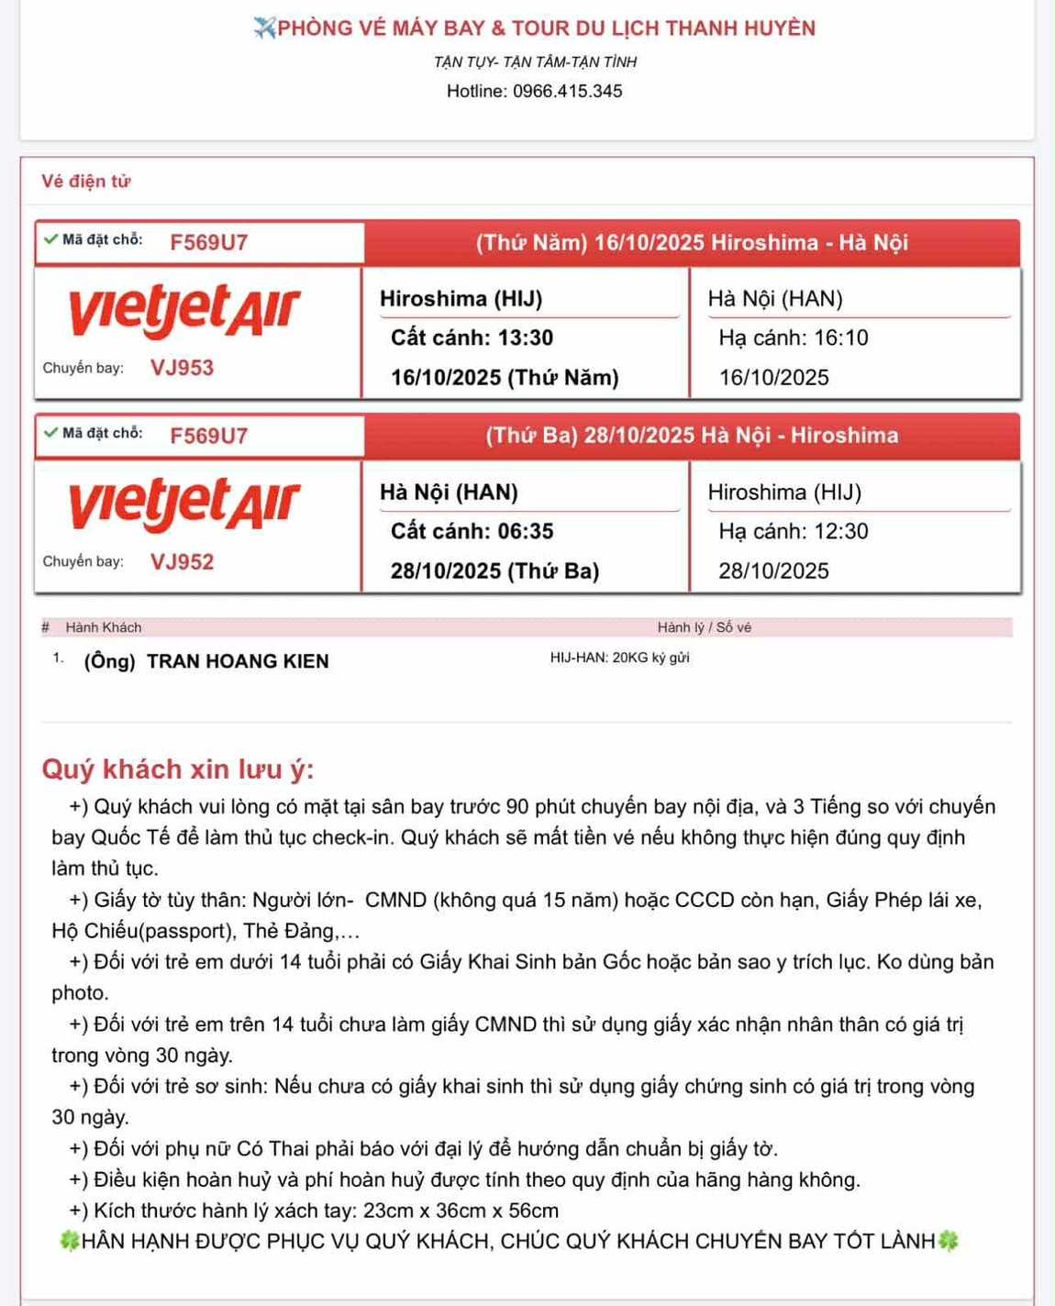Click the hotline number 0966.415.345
567,92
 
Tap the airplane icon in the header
264,28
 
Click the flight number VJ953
182,368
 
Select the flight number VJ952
182,561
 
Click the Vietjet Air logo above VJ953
184,310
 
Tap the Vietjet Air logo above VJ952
184,504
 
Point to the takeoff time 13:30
525,338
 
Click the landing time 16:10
840,338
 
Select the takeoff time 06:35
525,531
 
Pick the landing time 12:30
840,531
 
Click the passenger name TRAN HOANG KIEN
238,661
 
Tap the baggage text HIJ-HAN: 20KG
619,658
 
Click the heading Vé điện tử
85,182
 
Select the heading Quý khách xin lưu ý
178,769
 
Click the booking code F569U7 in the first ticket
208,243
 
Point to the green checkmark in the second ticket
50,433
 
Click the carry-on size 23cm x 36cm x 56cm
461,1211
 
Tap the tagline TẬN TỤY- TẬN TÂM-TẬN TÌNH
535,62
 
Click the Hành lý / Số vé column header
704,627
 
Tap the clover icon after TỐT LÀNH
948,1241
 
